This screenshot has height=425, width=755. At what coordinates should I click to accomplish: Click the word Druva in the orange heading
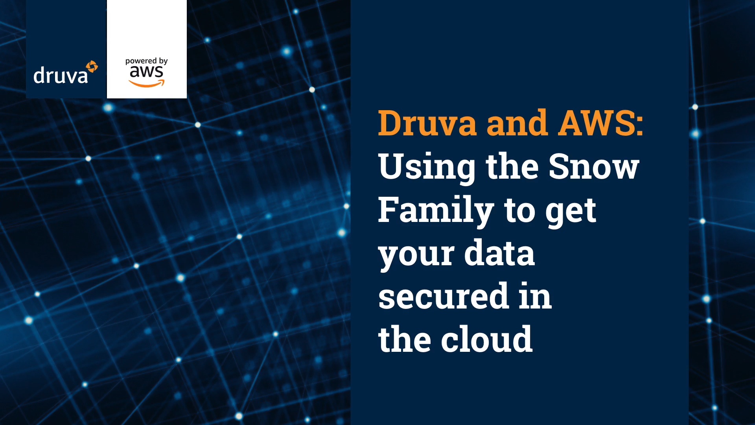tap(427, 123)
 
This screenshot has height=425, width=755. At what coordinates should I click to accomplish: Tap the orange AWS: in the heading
tap(601, 123)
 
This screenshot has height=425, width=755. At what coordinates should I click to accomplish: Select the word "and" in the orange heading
tap(517, 123)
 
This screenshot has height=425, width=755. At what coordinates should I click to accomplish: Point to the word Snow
tap(594, 166)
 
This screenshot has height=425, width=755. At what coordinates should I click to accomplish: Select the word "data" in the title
tap(499, 252)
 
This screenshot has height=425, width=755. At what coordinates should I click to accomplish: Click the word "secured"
tap(444, 296)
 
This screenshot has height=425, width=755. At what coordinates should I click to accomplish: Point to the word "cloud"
tap(487, 339)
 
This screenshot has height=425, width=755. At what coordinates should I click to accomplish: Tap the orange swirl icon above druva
tap(92, 67)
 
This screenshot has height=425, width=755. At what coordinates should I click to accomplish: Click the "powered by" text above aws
tap(146, 61)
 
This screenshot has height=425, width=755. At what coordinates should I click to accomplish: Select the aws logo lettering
tap(146, 72)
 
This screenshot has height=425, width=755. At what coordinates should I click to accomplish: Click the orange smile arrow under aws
tap(147, 83)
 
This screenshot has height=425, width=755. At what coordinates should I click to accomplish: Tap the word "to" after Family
tap(519, 211)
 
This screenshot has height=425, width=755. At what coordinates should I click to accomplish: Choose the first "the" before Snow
tap(512, 166)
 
